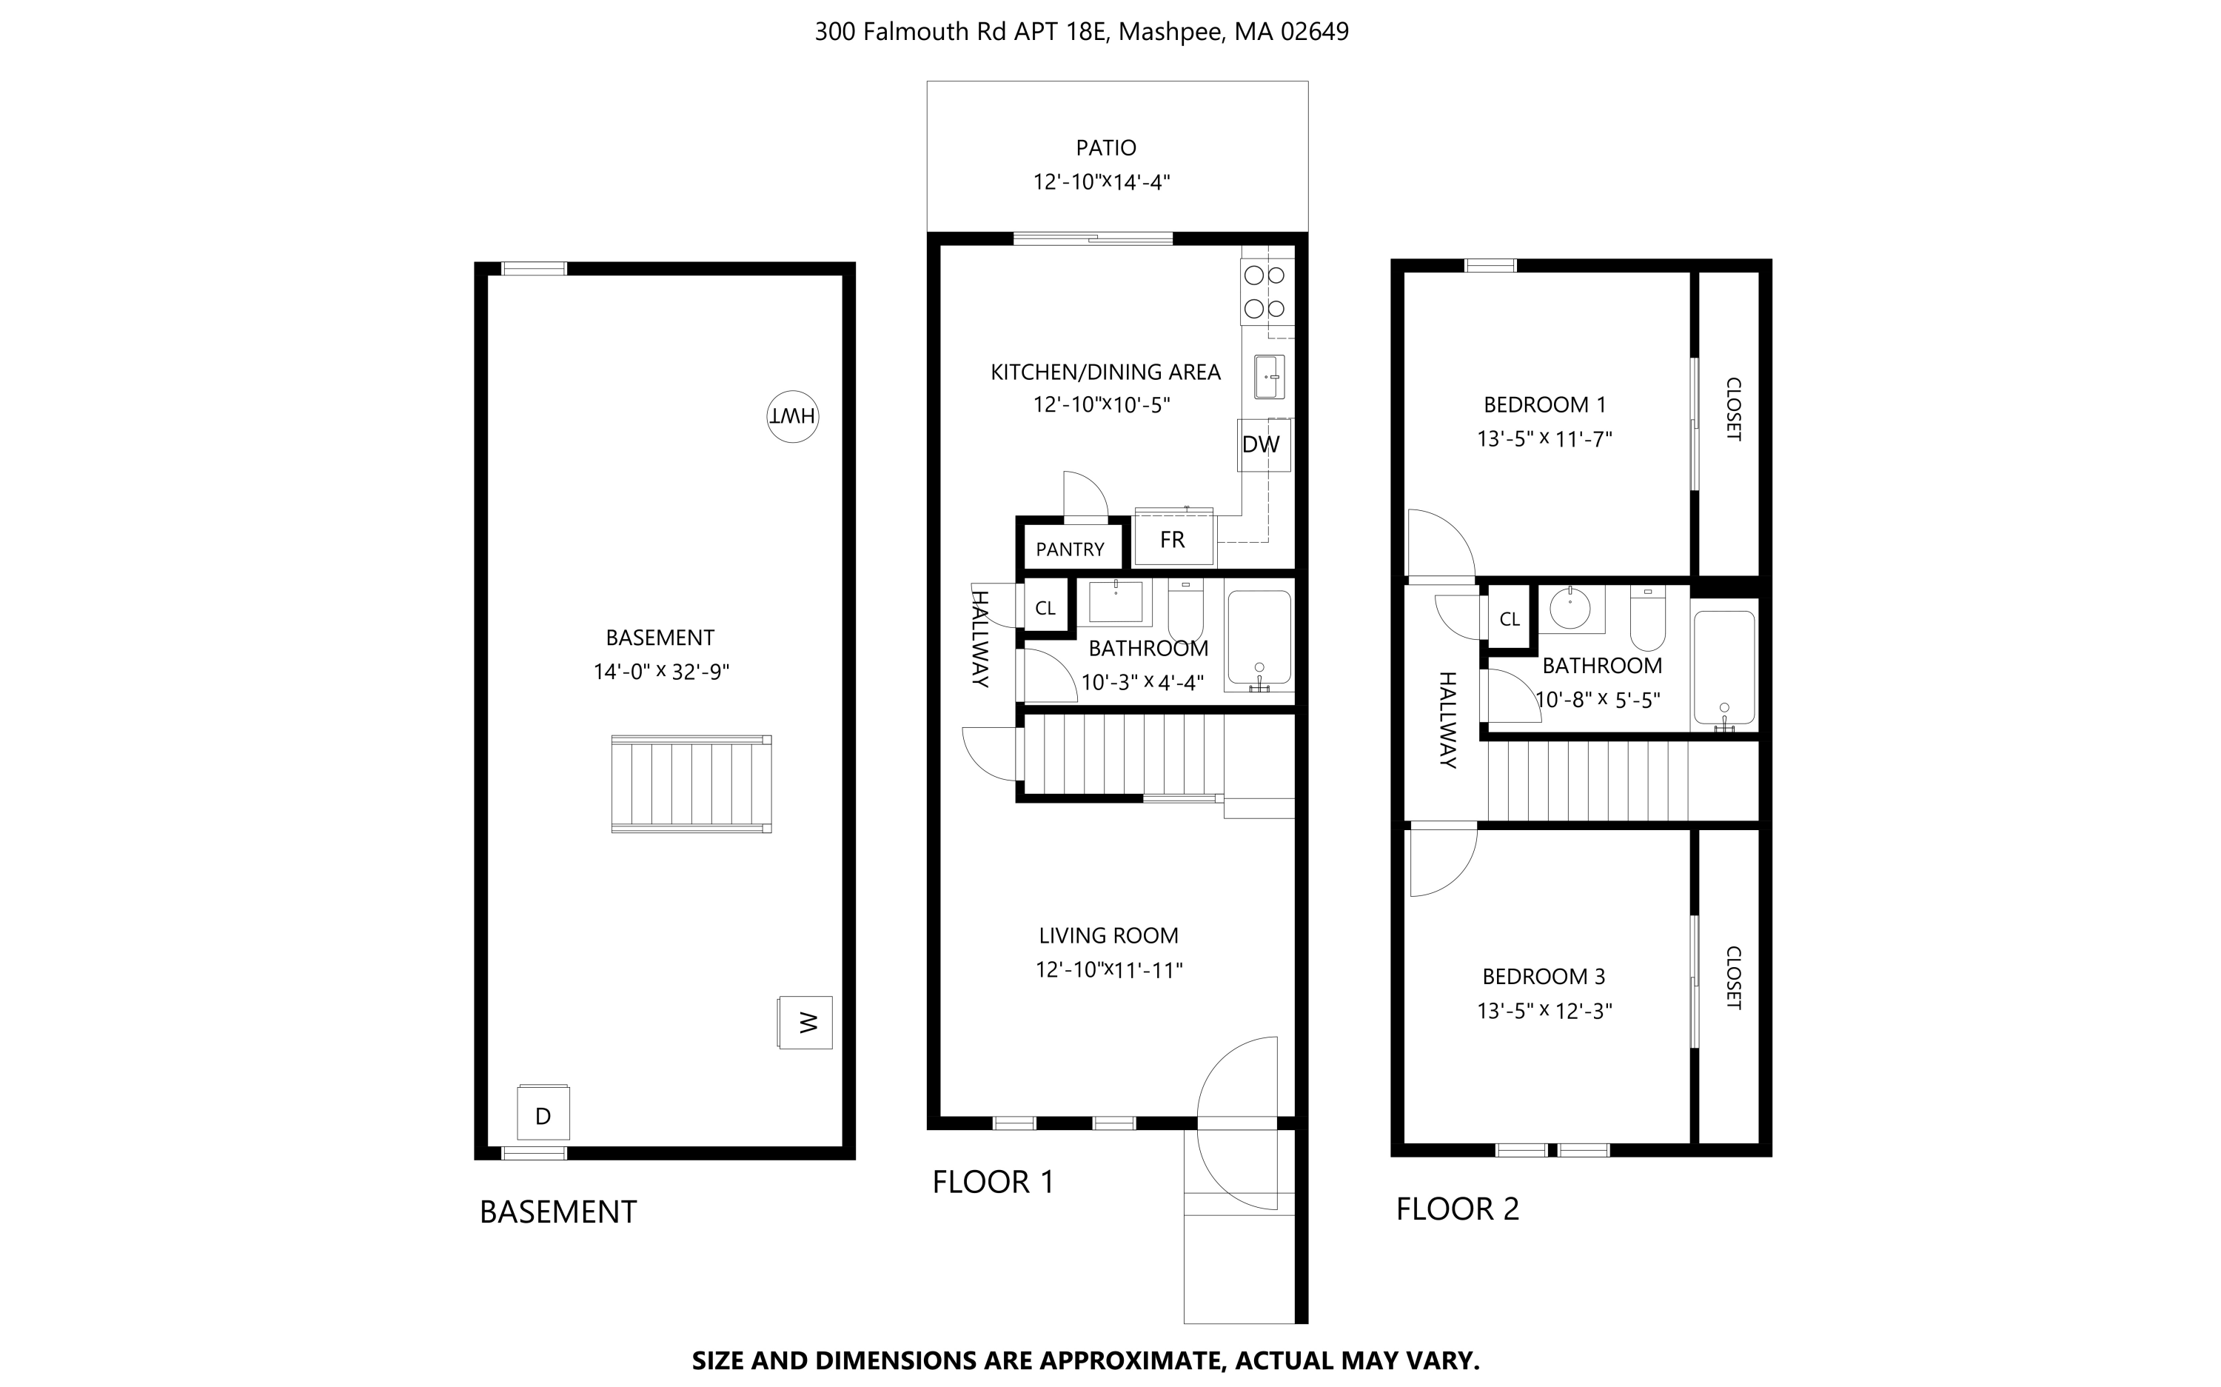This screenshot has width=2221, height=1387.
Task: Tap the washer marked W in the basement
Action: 805,1022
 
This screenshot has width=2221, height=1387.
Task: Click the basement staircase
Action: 691,783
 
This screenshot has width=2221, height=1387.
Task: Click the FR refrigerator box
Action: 1173,538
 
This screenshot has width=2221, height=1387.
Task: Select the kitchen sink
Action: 1269,377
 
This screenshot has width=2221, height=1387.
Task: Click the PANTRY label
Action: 1069,549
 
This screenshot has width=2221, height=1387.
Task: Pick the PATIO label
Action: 1106,147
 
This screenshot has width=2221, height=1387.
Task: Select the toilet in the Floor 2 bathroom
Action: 1648,618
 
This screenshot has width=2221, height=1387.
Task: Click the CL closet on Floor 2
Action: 1510,619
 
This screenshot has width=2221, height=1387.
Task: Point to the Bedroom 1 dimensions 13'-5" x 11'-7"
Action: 1544,439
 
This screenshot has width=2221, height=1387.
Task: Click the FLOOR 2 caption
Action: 1457,1209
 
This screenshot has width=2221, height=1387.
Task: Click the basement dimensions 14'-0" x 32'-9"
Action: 660,672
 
